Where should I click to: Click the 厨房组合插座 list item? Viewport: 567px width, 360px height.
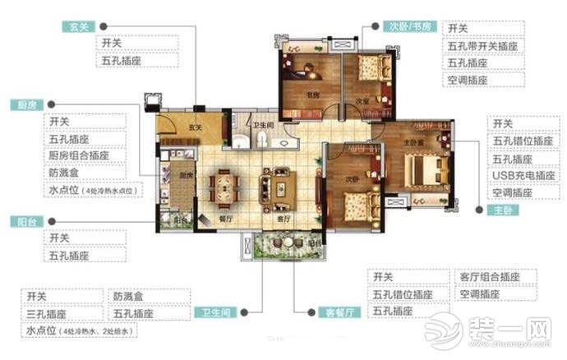[x=86, y=155]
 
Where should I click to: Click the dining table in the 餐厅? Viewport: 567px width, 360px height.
[x=223, y=186]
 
